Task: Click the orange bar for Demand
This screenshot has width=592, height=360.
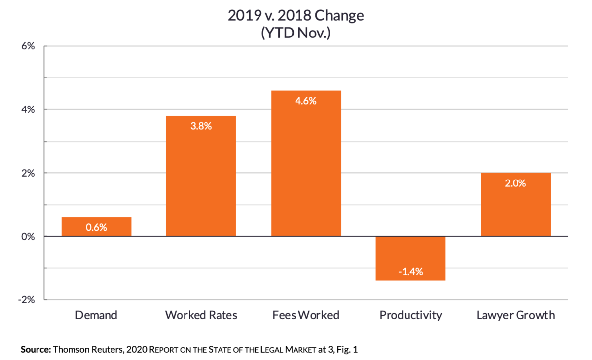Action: (x=97, y=227)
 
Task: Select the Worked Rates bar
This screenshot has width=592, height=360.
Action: (x=201, y=176)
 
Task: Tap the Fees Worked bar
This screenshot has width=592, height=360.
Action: (x=306, y=163)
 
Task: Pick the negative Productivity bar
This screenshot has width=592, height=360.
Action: (x=410, y=258)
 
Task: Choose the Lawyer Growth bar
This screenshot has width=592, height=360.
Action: (x=516, y=205)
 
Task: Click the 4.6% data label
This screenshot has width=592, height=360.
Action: (x=306, y=101)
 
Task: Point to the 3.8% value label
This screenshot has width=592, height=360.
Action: (x=201, y=126)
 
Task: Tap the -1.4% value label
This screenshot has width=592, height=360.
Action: (x=410, y=271)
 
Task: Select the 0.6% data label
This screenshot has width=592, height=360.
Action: (x=96, y=227)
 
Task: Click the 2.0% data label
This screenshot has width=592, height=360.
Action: (x=516, y=183)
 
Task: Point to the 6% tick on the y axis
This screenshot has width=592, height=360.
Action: (x=28, y=46)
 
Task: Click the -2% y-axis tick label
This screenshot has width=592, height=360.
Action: (x=27, y=300)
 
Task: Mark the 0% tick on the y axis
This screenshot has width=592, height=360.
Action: (x=28, y=236)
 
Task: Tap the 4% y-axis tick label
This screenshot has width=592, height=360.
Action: (x=28, y=109)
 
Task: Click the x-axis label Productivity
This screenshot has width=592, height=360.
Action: (x=410, y=315)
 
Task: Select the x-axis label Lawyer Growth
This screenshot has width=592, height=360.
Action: (x=516, y=315)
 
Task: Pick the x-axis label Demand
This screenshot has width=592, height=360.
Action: (x=96, y=315)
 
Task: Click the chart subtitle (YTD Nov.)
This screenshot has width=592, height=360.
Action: (x=296, y=33)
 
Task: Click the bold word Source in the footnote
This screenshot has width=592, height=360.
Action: (x=36, y=350)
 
